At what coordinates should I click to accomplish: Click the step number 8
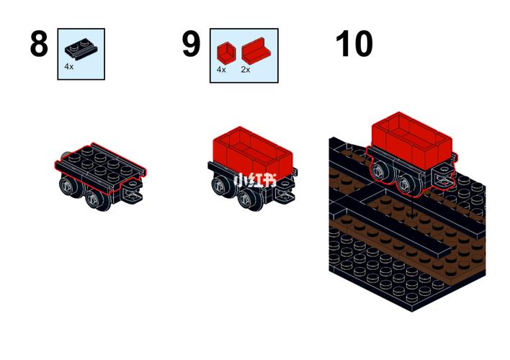[x=39, y=44]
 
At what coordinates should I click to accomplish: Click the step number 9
[x=191, y=44]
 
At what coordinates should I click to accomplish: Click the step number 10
[x=354, y=44]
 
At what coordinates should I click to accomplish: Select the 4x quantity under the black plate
[x=68, y=67]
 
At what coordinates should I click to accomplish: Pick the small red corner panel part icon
[x=226, y=52]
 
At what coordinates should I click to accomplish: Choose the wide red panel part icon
[x=256, y=50]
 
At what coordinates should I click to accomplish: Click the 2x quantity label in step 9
[x=246, y=70]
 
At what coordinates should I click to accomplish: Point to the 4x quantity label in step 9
[x=221, y=70]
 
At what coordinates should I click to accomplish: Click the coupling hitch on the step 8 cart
[x=133, y=190]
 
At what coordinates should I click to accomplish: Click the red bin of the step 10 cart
[x=412, y=140]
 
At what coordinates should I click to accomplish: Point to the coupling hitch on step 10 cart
[x=444, y=176]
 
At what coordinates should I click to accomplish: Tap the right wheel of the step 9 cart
[x=249, y=199]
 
